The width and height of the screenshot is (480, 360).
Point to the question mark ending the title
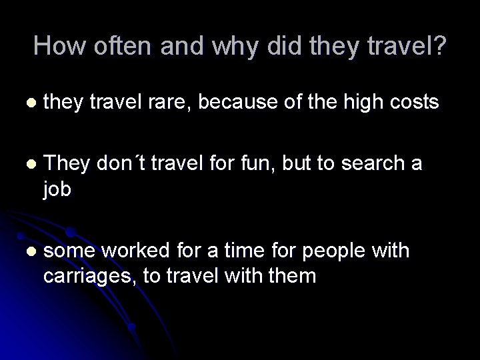point(439,46)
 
